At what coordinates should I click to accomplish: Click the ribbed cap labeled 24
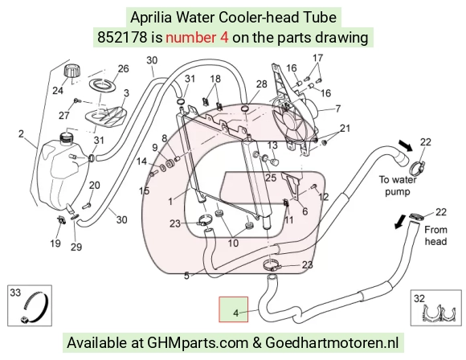tap(72, 71)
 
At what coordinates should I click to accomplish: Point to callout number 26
tap(123, 68)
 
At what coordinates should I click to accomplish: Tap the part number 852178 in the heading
tap(122, 38)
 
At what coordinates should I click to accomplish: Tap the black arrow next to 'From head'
tap(401, 221)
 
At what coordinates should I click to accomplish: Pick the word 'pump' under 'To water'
tap(398, 192)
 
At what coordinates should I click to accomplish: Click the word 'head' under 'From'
tap(435, 240)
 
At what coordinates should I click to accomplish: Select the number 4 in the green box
tap(236, 313)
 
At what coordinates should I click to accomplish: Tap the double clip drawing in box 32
tap(439, 314)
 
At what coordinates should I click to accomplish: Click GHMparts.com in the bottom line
tap(198, 343)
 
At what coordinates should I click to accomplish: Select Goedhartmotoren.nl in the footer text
tap(332, 342)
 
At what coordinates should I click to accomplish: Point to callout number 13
tap(272, 145)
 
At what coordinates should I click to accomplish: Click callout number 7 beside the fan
tap(337, 108)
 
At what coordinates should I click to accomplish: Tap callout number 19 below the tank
tap(55, 243)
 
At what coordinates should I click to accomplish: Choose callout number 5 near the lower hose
tap(186, 276)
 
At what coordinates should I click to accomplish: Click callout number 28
tap(262, 84)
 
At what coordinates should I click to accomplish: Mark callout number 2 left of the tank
tap(21, 133)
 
